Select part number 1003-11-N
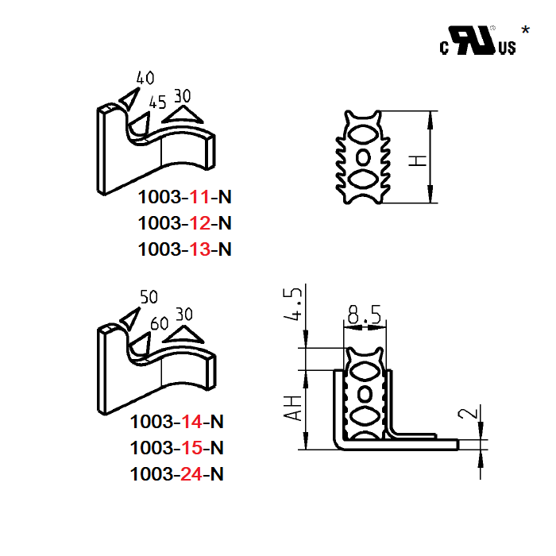185,196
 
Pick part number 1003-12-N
185,222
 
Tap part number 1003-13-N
185,249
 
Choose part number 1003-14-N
177,420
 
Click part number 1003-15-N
177,447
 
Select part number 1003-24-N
177,474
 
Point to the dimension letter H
418,160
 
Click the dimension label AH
293,408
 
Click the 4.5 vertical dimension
293,305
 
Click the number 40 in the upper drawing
145,78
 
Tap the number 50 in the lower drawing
148,297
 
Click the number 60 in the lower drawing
159,323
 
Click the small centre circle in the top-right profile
365,154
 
